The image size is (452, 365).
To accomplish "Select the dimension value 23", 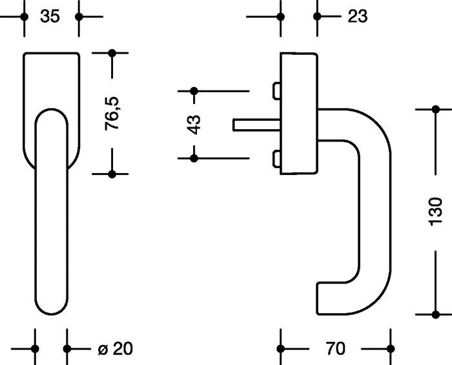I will point(357,16).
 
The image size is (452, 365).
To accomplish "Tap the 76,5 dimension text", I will point(113,114).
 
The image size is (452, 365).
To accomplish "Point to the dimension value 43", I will point(194,124).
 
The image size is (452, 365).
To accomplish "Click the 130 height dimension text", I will point(436,211).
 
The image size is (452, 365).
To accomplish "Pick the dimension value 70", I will point(335,349).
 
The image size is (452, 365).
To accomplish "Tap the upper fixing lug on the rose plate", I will point(276,91).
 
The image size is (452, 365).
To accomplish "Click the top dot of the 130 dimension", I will point(436,109).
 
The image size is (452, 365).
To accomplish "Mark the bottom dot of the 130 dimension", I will point(436,315).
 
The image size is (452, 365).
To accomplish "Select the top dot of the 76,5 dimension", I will point(112,52).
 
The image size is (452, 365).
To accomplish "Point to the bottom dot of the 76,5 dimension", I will point(112,174).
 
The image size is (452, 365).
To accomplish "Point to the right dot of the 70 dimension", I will point(391,349).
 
